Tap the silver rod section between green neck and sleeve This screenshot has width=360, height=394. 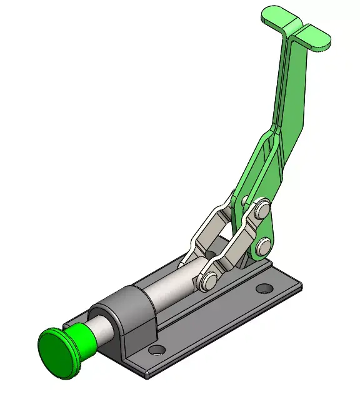point(102,325)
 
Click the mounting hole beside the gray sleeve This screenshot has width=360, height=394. point(157,349)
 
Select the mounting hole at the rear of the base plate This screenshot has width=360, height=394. point(266,289)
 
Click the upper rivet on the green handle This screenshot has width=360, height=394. point(262,207)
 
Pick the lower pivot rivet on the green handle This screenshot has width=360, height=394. point(264,243)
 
